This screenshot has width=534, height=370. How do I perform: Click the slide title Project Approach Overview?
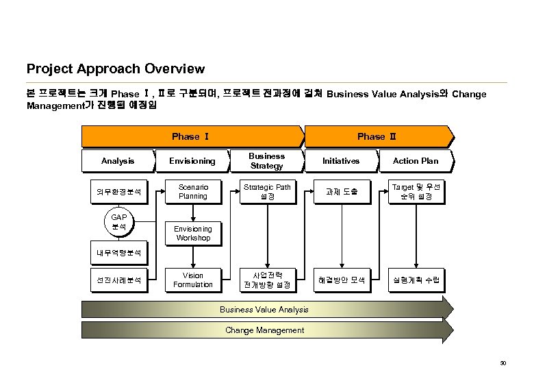tap(115, 69)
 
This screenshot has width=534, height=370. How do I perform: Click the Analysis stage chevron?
tap(118, 161)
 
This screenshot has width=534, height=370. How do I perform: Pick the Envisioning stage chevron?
tap(192, 161)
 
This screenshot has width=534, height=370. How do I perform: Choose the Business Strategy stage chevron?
tap(267, 161)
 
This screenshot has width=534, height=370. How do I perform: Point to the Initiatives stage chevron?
tap(341, 161)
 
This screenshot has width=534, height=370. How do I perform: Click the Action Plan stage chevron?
tap(416, 161)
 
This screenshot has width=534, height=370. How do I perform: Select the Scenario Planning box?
tap(192, 192)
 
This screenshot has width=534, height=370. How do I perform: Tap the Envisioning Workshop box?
tap(192, 234)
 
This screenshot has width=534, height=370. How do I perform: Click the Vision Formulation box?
tap(192, 280)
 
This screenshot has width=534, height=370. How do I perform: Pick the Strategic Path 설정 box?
tap(267, 192)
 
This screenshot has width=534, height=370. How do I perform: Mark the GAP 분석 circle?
tap(118, 221)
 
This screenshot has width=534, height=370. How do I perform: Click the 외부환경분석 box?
tap(118, 192)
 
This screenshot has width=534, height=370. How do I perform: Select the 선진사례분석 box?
tap(118, 280)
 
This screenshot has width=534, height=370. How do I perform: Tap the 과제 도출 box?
tap(341, 192)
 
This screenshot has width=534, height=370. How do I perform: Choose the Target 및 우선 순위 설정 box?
tap(416, 192)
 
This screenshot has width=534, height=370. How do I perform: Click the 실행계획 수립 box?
tap(416, 280)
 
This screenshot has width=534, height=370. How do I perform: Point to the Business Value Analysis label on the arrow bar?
tap(264, 310)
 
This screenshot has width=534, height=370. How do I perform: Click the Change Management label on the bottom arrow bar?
tap(264, 330)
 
